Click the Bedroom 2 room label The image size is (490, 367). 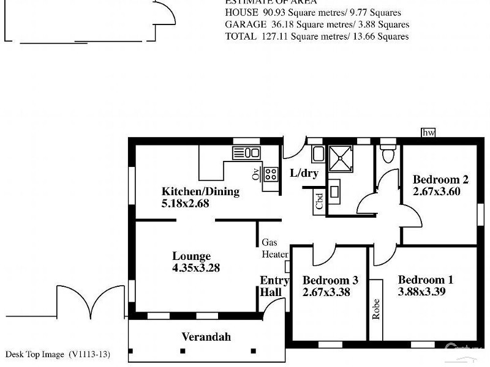(x=440, y=179)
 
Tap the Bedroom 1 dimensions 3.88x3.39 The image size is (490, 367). (x=421, y=292)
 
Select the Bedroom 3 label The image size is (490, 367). (x=330, y=280)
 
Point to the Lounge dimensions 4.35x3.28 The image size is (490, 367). (x=196, y=268)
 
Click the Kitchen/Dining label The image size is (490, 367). (x=200, y=191)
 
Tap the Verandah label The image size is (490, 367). (x=206, y=337)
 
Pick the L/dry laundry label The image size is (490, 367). (x=304, y=174)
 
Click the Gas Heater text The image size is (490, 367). (x=274, y=248)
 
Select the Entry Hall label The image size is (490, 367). (x=274, y=286)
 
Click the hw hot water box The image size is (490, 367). (x=428, y=133)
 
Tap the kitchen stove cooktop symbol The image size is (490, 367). (x=270, y=174)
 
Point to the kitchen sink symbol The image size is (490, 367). (x=246, y=152)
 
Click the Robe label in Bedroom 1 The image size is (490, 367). (x=375, y=309)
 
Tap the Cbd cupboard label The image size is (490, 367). (x=319, y=201)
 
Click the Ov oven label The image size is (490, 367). (x=255, y=174)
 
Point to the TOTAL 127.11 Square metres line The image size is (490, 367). (x=317, y=37)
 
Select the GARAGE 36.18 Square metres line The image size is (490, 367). (x=317, y=24)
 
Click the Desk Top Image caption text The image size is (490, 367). (x=58, y=354)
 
